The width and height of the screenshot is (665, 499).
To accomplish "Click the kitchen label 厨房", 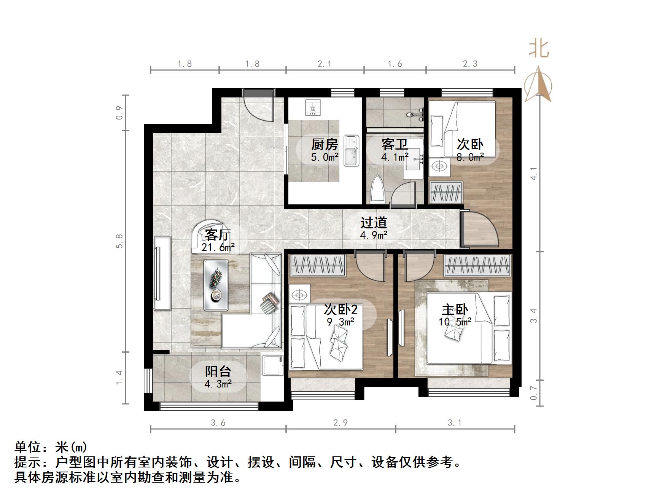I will click(325, 145).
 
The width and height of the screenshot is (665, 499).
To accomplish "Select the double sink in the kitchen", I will click(351, 151).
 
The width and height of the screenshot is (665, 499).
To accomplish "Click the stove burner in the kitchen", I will click(313, 107).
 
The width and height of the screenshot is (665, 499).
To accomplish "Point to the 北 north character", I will click(539, 49).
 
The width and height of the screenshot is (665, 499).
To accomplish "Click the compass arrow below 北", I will click(538, 84).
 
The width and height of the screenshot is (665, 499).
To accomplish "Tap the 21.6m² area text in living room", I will click(218, 247).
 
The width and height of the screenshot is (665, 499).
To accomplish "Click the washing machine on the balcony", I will click(272, 365).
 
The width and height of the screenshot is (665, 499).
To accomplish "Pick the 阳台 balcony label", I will click(218, 371).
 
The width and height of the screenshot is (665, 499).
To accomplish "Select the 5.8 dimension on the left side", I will click(120, 241).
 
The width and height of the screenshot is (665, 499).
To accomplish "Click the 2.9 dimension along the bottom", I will click(340, 423).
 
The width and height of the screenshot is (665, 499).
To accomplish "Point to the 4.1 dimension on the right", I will click(535, 174).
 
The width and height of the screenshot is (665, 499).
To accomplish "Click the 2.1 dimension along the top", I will click(325, 64).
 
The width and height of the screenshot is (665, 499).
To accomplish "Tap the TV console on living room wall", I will click(162, 273).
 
